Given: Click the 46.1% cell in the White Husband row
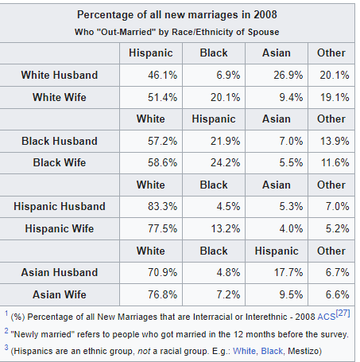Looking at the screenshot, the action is click(x=162, y=75).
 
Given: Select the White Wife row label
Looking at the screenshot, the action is click(x=60, y=97).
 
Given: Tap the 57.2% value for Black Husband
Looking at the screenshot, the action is click(x=162, y=141).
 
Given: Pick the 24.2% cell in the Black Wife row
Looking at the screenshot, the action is click(x=225, y=162).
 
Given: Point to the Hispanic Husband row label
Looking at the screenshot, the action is click(x=60, y=206).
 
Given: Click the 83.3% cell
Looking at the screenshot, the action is click(x=162, y=206).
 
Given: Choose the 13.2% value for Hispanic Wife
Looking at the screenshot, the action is click(x=225, y=228).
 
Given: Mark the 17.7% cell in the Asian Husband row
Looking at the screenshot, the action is click(x=288, y=272).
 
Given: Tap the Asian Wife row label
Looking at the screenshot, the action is click(x=60, y=294).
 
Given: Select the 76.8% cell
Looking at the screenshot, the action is click(x=162, y=294).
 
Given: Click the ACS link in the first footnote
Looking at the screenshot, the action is click(x=327, y=317).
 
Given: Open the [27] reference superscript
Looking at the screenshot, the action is click(x=343, y=313).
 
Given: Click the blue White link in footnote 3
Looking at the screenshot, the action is click(x=244, y=351).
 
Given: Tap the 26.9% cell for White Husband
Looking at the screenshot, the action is click(x=288, y=75).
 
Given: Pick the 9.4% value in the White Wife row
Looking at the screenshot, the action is click(x=291, y=97).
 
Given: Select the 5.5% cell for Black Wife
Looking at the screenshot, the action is click(x=291, y=162).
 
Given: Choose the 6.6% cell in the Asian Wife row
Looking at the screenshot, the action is click(x=337, y=294).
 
